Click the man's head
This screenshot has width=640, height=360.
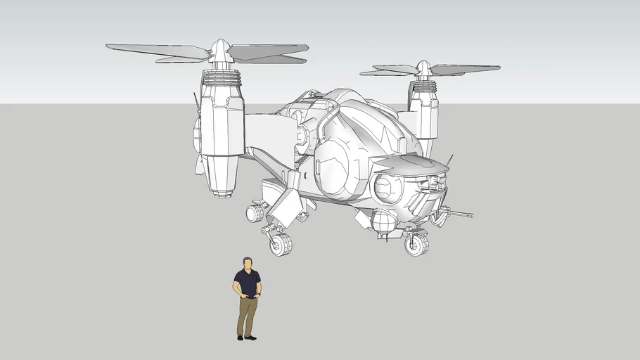[x=247, y=264]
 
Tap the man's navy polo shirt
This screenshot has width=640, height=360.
[x=247, y=283]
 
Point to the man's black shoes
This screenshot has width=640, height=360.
[x=247, y=337]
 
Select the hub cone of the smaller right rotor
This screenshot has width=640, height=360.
[x=423, y=68]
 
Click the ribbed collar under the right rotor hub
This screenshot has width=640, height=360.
[x=423, y=86]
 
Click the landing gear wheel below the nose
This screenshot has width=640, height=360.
[x=416, y=244]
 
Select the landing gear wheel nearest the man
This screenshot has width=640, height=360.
[x=281, y=244]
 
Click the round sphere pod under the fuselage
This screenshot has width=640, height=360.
[x=384, y=222]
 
